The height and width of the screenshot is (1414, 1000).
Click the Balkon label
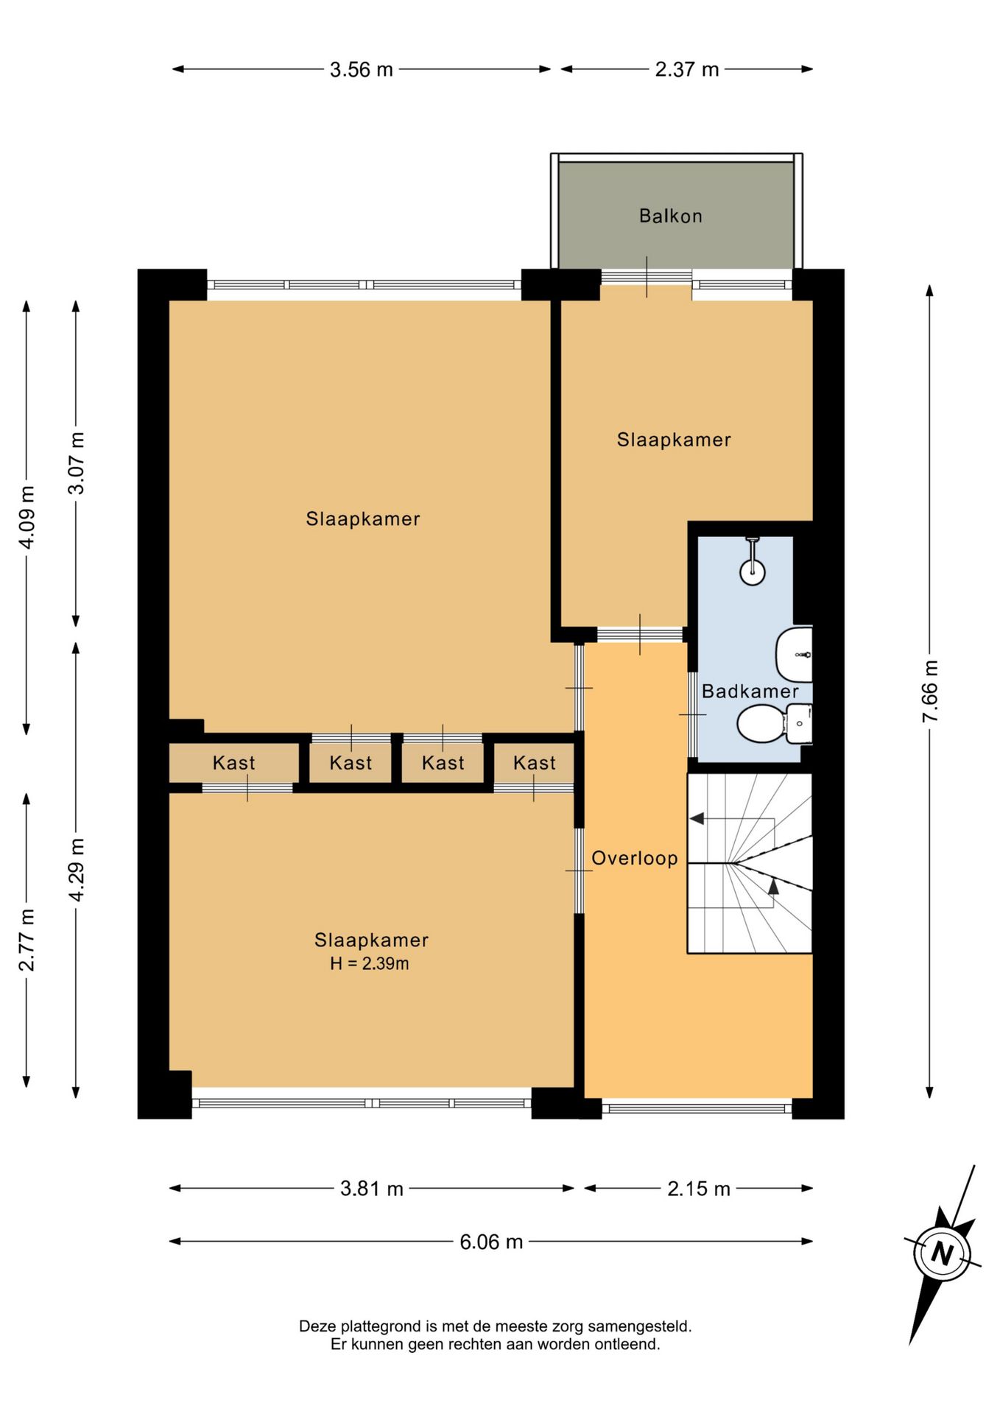670,216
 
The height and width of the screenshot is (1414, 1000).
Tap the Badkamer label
750,691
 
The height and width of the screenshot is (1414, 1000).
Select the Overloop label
634,859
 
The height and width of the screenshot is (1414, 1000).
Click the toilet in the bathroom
774,723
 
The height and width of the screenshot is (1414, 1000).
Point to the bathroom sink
795,654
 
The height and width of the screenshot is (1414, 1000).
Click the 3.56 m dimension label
361,70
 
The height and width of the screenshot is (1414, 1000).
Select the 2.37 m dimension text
686,70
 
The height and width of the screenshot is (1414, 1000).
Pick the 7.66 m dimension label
930,691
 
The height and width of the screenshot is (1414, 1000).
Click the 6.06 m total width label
491,1242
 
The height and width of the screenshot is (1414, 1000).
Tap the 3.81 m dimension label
371,1189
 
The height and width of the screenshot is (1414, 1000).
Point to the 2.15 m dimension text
698,1189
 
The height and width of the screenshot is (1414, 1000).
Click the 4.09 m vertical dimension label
27,517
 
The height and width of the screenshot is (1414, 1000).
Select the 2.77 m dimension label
27,940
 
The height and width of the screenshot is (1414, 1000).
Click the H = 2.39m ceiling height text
369,963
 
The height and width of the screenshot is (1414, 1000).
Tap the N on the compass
942,1253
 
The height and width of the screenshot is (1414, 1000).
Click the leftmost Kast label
233,763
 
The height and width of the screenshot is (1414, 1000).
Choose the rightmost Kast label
534,763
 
